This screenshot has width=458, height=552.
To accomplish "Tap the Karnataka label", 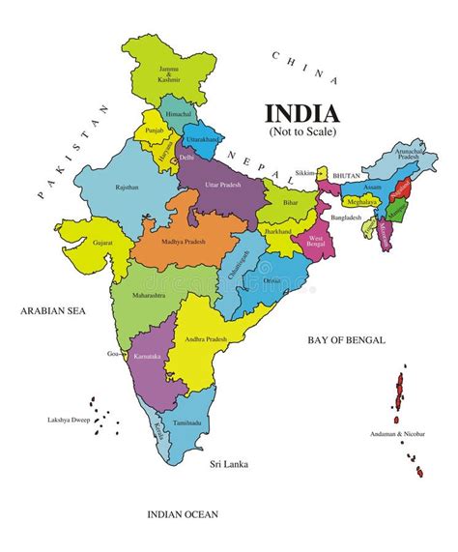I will click(x=149, y=357).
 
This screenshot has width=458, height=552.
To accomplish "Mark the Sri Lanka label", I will click(x=229, y=465).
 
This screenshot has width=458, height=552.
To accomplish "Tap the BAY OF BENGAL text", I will click(x=346, y=340).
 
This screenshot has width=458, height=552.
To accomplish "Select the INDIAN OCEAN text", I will click(x=184, y=514).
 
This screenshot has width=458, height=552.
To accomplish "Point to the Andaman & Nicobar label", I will click(x=396, y=434).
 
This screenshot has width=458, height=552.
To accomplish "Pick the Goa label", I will click(x=113, y=355).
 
